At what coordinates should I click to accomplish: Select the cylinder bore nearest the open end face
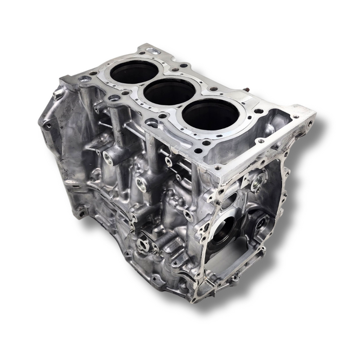pos(210,114)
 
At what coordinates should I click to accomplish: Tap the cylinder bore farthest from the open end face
pos(134,72)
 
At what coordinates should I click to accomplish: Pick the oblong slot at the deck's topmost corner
pos(153,51)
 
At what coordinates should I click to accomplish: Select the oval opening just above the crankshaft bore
pos(230,200)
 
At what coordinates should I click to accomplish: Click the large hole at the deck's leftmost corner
pos(85,79)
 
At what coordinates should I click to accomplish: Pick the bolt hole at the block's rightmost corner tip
pos(310,123)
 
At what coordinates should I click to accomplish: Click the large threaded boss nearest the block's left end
pos(109,157)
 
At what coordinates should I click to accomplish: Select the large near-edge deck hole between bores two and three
pos(152,123)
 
